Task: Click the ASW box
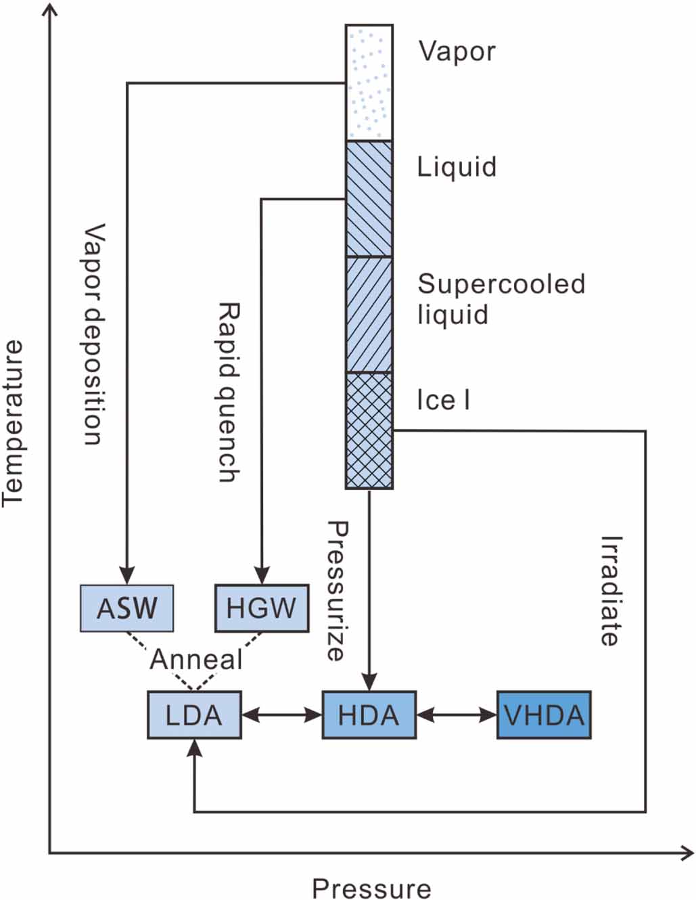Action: coord(126,608)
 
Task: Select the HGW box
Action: coord(261,608)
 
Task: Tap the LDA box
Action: coord(194,715)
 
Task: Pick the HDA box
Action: coord(369,715)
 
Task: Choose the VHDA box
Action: coord(544,715)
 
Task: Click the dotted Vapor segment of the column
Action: coord(369,83)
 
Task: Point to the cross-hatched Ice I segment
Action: coord(369,430)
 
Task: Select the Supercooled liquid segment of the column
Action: coord(369,315)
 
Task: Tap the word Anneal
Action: coord(195,659)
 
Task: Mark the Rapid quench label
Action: coord(229,392)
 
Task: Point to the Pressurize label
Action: coord(336,590)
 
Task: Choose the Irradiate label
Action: coord(610,590)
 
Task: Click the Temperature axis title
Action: coord(14,423)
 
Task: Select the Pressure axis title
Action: coord(371,888)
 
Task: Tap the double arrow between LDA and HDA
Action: coord(281,715)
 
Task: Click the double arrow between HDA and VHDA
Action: coord(457,715)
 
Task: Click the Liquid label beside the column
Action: coord(457,166)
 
